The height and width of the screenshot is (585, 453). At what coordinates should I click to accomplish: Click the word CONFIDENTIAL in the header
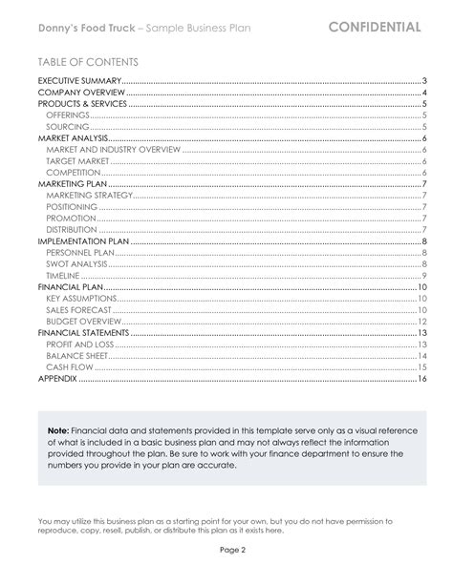(x=374, y=26)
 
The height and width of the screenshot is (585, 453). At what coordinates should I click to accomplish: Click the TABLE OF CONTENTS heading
(x=82, y=62)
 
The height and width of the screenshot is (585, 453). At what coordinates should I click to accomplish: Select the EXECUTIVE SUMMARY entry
(x=79, y=83)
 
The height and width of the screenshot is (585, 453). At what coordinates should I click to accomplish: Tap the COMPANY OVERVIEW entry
(x=79, y=93)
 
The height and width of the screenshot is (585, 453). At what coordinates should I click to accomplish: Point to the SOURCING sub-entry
(x=68, y=126)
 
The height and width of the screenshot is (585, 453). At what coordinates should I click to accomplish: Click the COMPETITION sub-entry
(x=74, y=172)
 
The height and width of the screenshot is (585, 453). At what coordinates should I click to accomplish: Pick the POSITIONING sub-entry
(x=72, y=206)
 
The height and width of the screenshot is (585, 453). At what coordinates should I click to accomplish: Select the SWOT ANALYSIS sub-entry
(x=76, y=263)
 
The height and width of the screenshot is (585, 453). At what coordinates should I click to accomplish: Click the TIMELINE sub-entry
(x=64, y=275)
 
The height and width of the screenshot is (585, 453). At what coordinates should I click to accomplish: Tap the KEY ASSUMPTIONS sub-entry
(x=81, y=298)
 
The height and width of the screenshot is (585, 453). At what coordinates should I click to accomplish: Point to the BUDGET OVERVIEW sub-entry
(x=83, y=321)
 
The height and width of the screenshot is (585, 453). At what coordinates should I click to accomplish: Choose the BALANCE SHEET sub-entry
(x=75, y=355)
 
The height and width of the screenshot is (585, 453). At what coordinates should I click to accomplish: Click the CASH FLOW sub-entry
(x=69, y=366)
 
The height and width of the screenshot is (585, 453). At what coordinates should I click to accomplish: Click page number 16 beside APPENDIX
(x=421, y=378)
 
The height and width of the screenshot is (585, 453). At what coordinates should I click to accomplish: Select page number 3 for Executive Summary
(x=422, y=83)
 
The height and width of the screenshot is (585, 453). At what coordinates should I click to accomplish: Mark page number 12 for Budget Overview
(x=421, y=321)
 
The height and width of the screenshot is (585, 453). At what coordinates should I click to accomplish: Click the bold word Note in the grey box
(x=55, y=430)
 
